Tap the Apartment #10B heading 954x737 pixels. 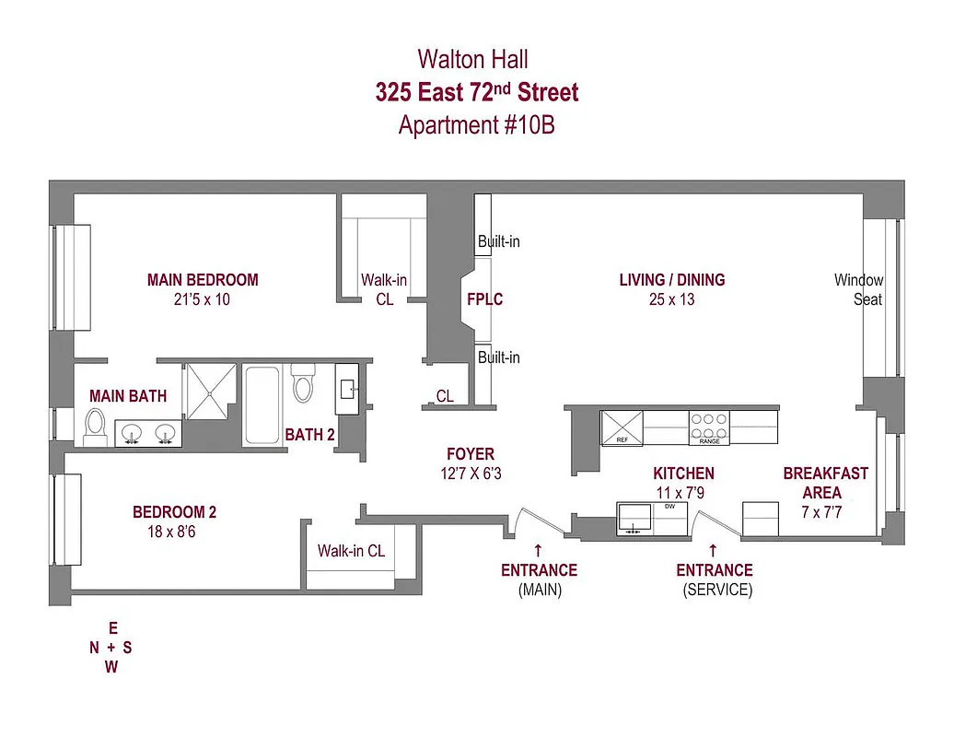(476, 125)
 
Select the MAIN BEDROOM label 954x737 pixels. (203, 279)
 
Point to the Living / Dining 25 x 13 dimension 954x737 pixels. (671, 299)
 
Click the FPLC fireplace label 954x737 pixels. (485, 299)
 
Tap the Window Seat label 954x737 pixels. (858, 289)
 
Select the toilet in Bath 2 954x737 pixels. (303, 383)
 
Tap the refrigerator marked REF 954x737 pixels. (622, 428)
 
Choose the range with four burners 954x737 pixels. (709, 428)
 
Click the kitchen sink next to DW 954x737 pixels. (634, 518)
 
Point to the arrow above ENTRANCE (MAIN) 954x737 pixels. (538, 549)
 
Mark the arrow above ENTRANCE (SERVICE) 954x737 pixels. (713, 549)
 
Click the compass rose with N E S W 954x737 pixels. (111, 648)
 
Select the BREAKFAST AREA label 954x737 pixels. (825, 483)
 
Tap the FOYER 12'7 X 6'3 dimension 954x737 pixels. (470, 474)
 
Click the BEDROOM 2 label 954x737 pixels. (175, 512)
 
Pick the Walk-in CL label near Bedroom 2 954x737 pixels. (351, 551)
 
